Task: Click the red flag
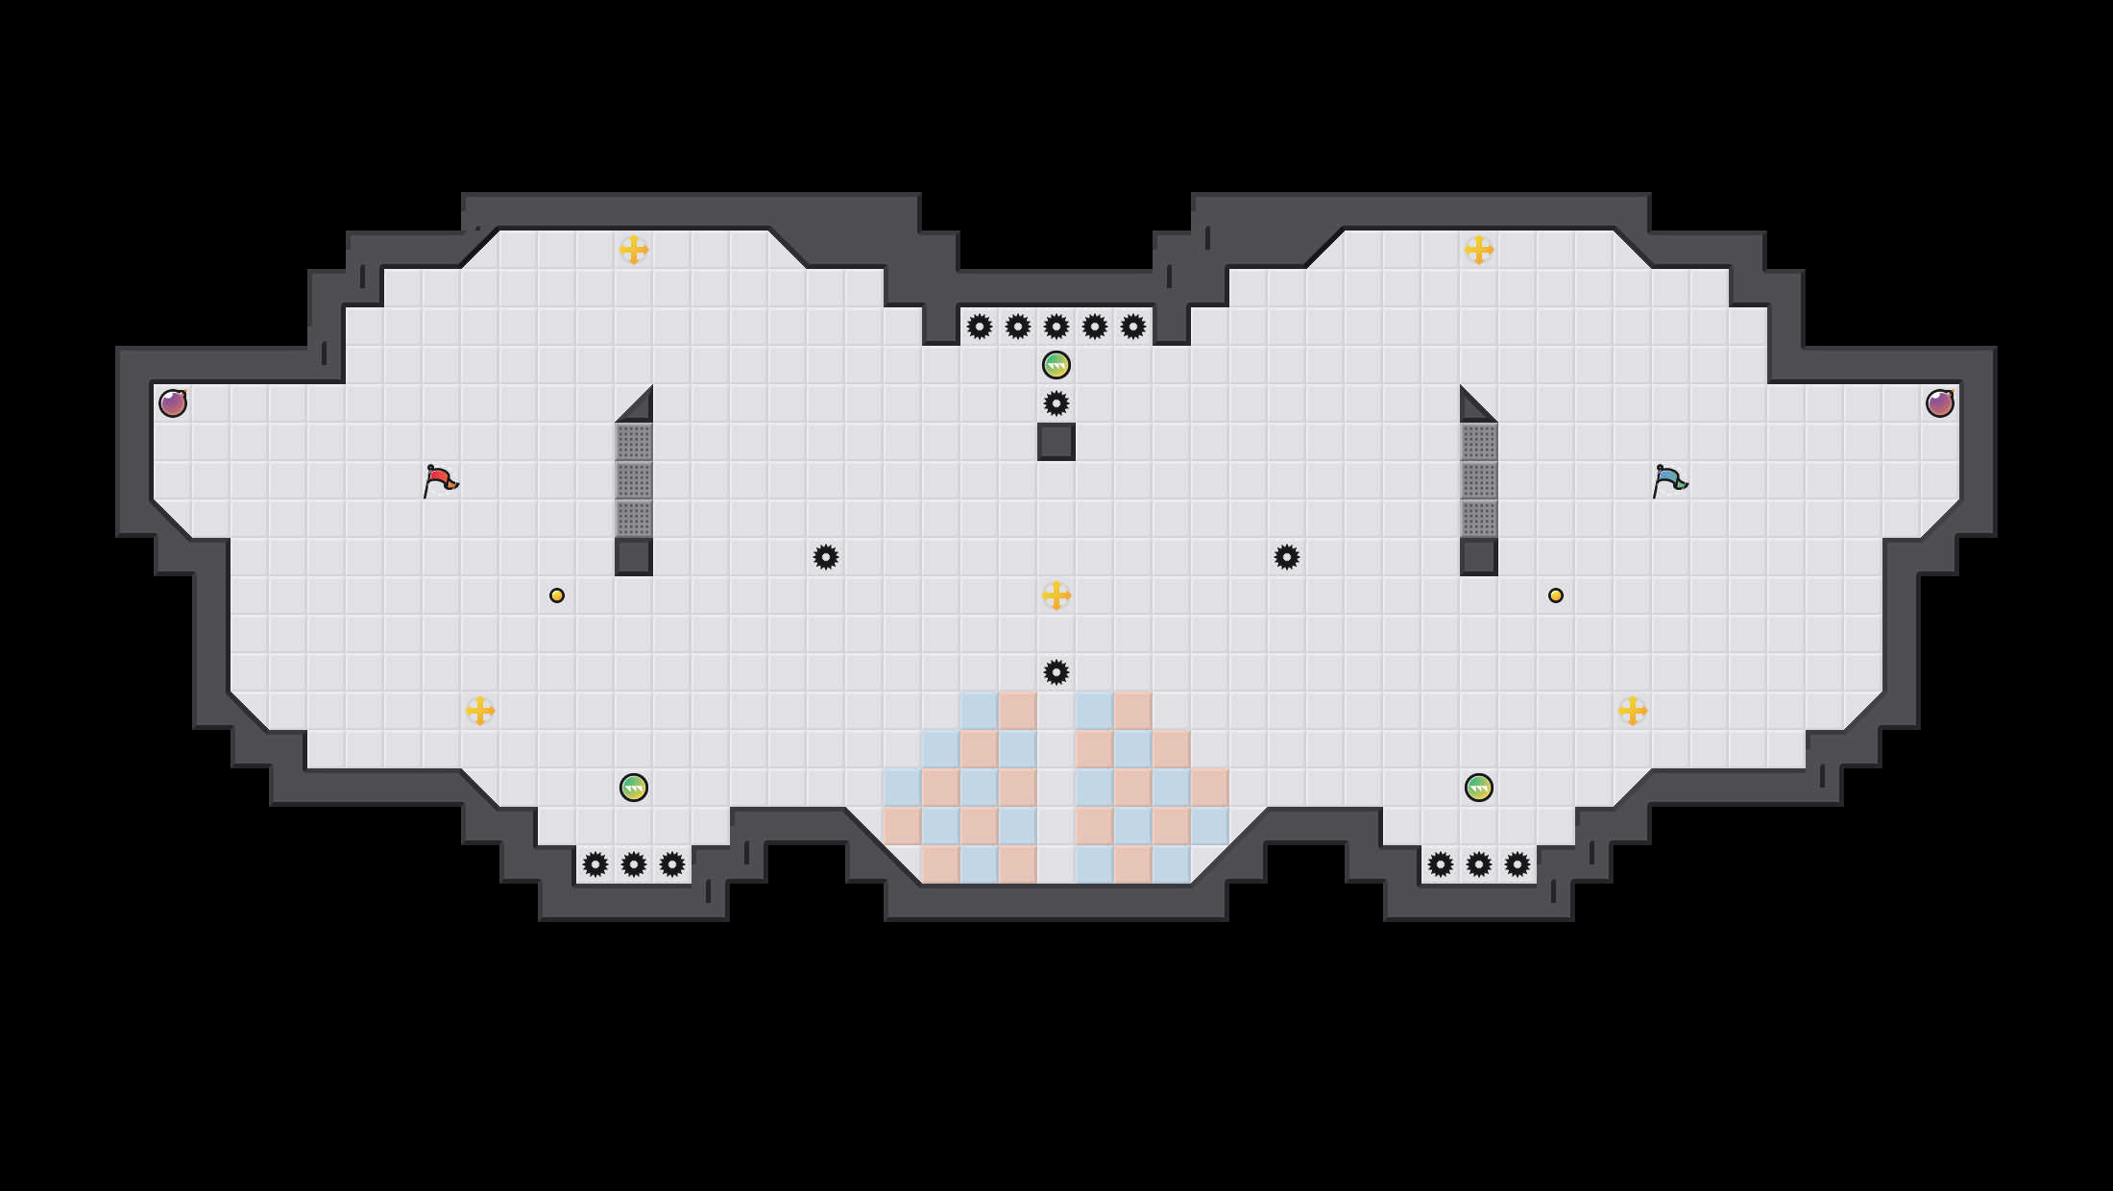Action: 440,480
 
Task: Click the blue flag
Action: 1669,480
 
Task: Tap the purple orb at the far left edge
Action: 173,403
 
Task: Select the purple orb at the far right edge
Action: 1940,403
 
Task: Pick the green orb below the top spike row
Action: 1056,365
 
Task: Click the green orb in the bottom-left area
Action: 634,788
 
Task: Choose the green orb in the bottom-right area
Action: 1479,788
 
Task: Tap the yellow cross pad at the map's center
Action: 1056,595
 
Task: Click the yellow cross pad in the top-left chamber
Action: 634,250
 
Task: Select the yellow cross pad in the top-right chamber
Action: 1479,250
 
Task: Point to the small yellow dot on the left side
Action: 557,595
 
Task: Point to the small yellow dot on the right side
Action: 1556,595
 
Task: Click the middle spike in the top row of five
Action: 1056,327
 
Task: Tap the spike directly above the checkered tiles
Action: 1056,672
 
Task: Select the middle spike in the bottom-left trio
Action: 634,864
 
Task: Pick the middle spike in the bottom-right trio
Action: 1479,864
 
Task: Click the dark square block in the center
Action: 1056,442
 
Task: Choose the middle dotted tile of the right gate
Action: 1479,480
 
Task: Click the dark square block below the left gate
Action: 634,557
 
